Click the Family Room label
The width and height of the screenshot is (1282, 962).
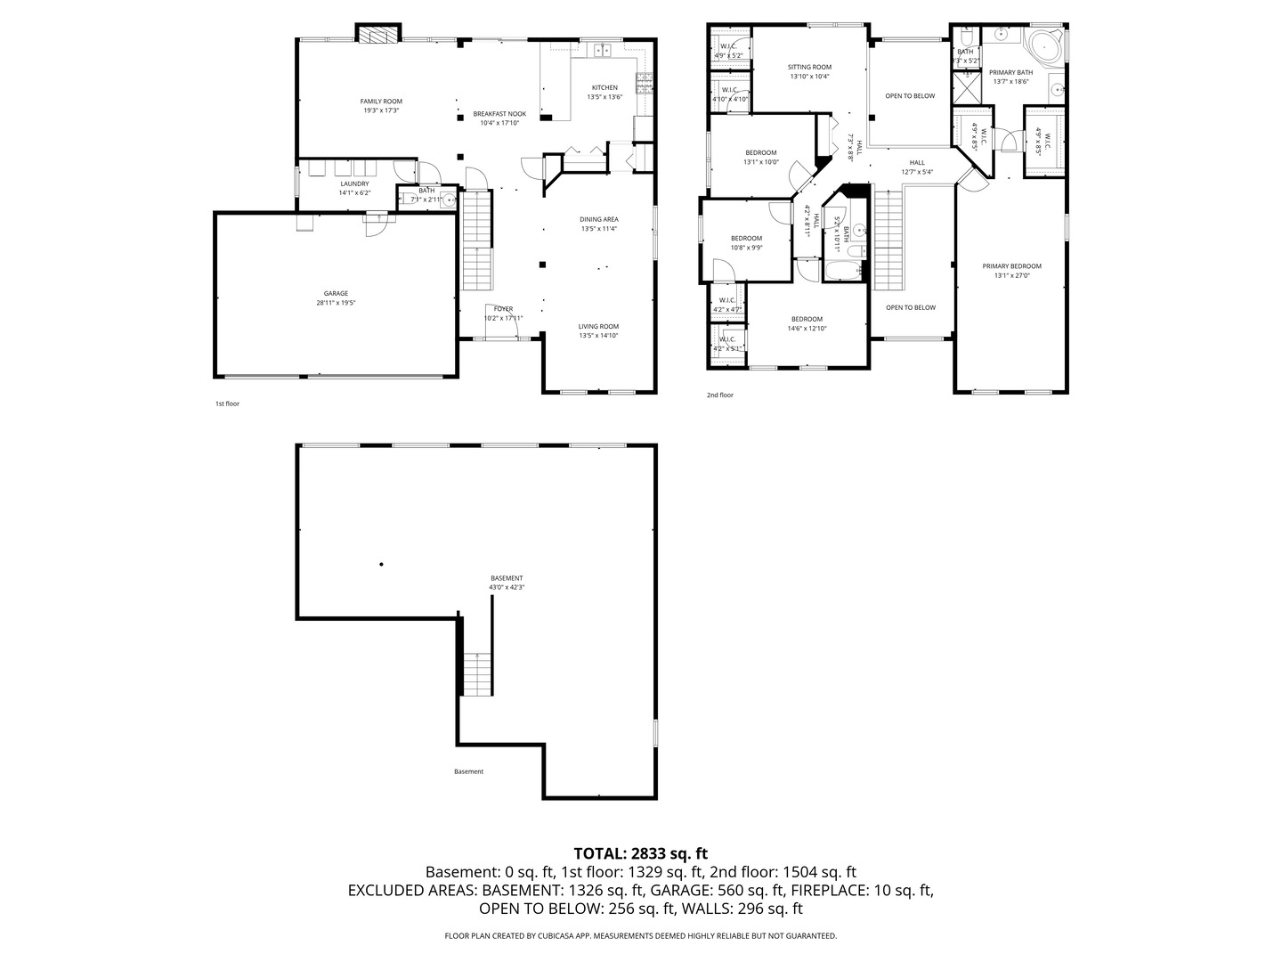coord(381,102)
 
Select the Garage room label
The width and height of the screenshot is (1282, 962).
coord(336,294)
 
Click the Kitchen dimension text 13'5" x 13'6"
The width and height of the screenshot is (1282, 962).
coord(604,97)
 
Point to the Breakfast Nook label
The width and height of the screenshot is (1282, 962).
coord(499,114)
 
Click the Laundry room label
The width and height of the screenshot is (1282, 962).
coord(353,184)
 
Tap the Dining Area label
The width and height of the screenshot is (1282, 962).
coord(598,219)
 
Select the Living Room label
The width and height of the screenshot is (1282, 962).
coord(598,326)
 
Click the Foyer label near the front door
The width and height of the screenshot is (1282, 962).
coord(504,309)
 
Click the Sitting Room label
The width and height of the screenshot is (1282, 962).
coord(809,67)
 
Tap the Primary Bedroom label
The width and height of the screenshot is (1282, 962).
coord(1011,266)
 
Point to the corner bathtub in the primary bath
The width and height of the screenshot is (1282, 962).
coord(1044,45)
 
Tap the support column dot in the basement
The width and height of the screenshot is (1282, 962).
coord(382,564)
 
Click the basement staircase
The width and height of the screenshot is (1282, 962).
coord(477,673)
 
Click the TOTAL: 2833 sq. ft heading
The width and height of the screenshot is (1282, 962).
coord(641,853)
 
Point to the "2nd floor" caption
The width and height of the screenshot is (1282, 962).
coord(720,395)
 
